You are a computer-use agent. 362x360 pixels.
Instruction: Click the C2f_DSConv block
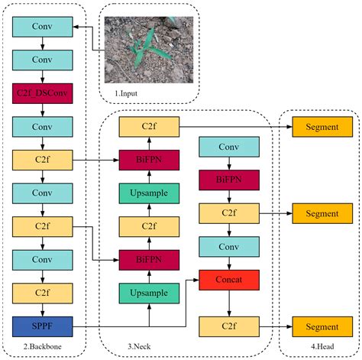43,93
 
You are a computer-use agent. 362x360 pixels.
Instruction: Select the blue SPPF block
43,326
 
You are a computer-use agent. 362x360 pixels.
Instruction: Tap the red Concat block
229,280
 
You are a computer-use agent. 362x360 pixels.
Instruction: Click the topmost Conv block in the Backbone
43,27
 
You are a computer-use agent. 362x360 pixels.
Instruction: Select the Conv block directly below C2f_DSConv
43,126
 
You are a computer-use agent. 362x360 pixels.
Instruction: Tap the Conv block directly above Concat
229,247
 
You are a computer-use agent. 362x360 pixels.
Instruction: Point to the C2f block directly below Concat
229,326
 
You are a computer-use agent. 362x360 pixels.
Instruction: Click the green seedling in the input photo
144,49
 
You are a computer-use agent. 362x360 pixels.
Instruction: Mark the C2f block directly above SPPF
43,293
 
